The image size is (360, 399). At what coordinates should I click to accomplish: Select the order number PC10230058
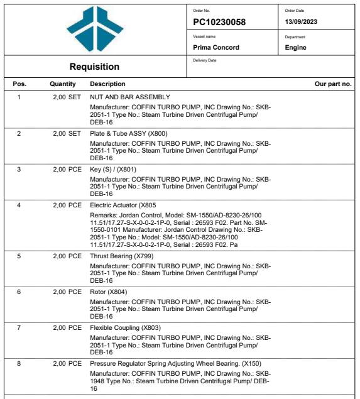[x=219, y=23]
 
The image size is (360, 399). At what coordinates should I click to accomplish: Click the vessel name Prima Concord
[x=216, y=47]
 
